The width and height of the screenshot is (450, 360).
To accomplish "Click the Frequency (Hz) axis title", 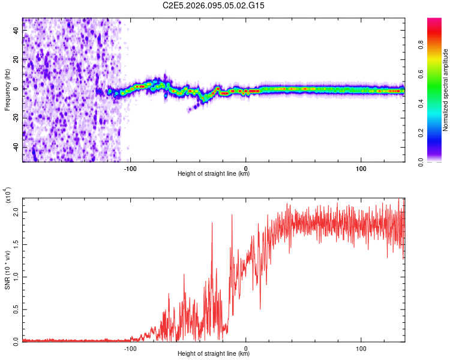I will coord(7,89).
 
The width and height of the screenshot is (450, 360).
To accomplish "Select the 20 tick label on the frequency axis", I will coord(16,60).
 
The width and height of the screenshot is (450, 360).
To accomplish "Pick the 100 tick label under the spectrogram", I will coord(361,167).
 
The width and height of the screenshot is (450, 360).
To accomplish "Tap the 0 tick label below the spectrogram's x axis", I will coord(245,167).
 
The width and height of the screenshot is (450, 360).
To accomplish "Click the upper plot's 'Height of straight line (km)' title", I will coord(214,174).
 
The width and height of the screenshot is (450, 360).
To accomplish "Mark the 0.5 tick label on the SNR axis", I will coord(16,309).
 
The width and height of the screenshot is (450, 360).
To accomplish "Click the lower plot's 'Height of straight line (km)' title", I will coord(214,354).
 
